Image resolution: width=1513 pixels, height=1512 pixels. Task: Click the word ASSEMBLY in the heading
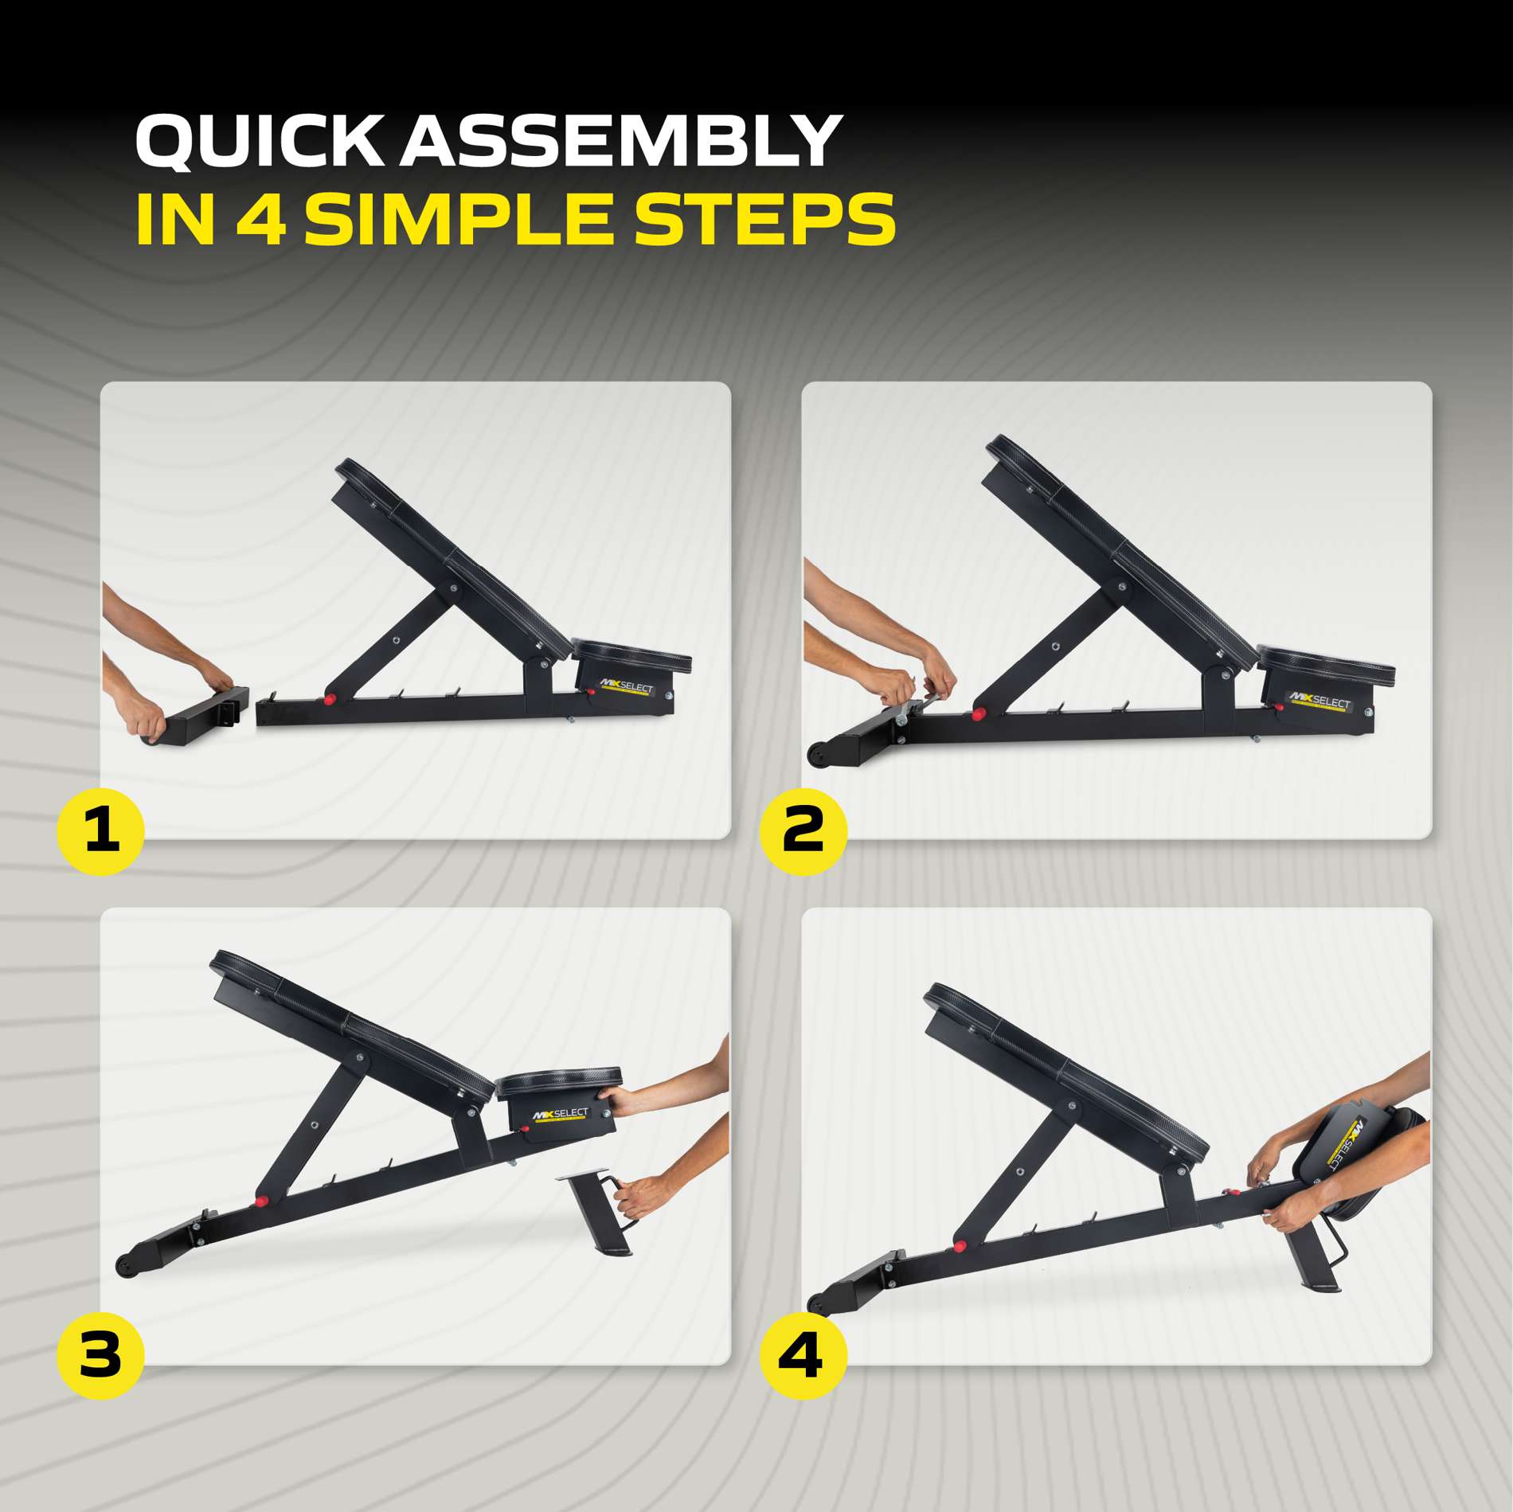click(620, 141)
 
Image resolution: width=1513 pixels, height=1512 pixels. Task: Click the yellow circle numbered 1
click(100, 831)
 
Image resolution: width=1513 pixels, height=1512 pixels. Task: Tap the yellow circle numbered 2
click(803, 831)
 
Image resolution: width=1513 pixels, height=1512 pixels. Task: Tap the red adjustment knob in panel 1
click(329, 700)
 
